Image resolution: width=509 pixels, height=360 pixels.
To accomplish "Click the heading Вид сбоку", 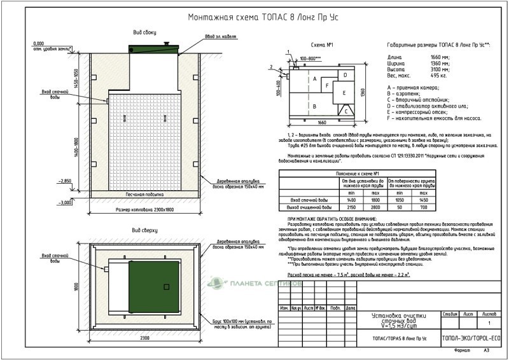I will (141, 31).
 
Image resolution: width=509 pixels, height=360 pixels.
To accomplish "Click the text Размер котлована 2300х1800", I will (144, 209).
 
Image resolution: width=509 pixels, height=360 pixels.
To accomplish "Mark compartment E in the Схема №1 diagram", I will (344, 92).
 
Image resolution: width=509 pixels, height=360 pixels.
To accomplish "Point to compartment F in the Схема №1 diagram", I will (327, 85).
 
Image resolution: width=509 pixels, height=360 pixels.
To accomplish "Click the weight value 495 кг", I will (440, 75).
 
